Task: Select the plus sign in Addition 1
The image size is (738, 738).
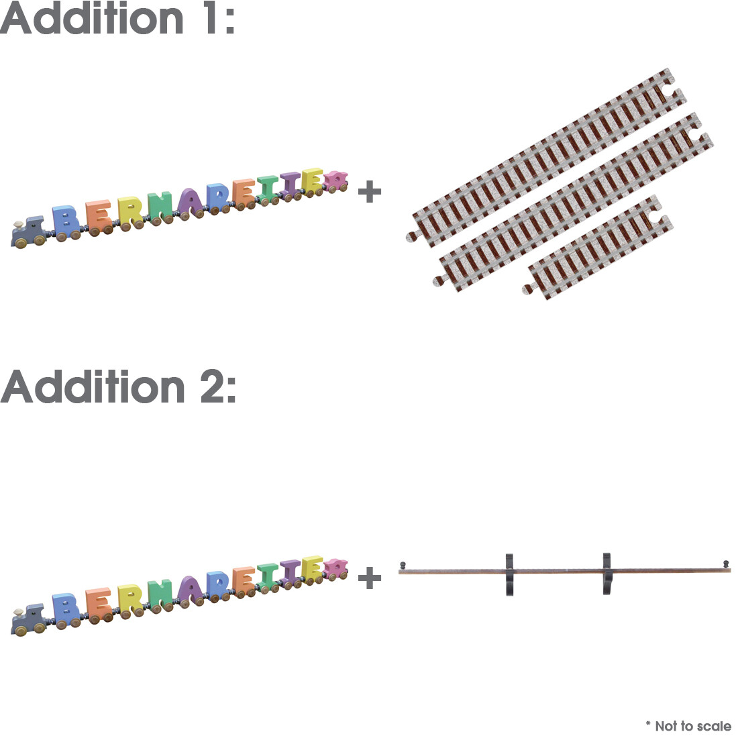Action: point(370,192)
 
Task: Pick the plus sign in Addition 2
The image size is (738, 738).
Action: point(370,578)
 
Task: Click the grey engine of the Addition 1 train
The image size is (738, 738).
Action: point(29,232)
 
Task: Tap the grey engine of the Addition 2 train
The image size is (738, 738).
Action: point(29,619)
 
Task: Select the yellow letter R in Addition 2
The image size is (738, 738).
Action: point(130,601)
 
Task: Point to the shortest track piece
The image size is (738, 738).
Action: point(598,248)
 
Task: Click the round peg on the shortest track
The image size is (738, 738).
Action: point(527,289)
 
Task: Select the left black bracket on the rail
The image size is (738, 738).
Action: point(510,574)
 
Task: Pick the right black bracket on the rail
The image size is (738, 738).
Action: point(607,574)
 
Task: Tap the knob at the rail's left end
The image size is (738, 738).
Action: point(403,566)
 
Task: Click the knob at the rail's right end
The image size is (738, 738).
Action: point(726,564)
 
